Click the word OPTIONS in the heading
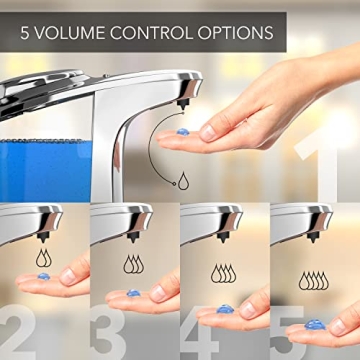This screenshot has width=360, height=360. pyautogui.click(x=236, y=32)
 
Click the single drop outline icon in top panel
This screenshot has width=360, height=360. pyautogui.click(x=184, y=180)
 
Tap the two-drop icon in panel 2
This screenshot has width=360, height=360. pyautogui.click(x=43, y=258)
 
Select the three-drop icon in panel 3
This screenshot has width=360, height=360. pyautogui.click(x=133, y=263)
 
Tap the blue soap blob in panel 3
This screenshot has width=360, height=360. pyautogui.click(x=133, y=294)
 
